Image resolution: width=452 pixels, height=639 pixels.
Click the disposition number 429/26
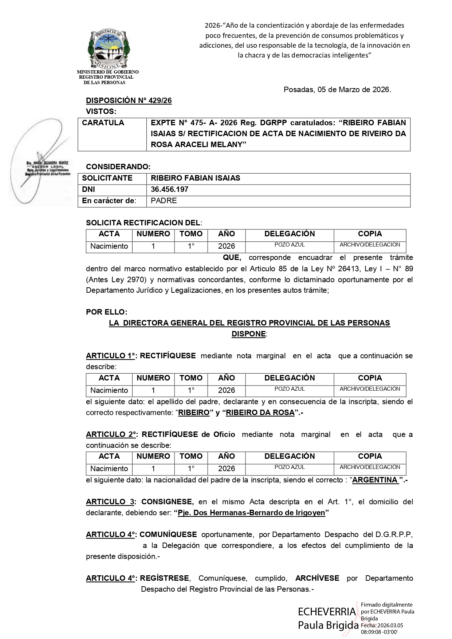point(129,100)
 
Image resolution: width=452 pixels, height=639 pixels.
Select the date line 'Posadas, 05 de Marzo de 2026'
point(337,90)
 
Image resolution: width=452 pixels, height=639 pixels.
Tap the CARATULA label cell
point(103,123)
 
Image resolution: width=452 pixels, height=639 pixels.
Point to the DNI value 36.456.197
point(169,189)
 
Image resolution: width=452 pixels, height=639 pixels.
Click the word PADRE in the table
point(164,201)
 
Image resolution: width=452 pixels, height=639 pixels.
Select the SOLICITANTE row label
point(107,178)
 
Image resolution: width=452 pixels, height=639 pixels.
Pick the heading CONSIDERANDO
point(118,167)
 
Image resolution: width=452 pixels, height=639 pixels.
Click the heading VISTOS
point(101,111)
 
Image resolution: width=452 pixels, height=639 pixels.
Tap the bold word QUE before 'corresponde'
point(232,257)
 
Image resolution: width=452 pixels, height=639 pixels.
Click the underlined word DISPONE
point(249,334)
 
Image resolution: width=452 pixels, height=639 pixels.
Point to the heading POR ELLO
point(106,312)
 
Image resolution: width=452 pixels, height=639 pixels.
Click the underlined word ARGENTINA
point(375,480)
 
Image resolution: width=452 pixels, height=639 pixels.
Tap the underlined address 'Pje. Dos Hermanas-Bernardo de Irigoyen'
point(251,513)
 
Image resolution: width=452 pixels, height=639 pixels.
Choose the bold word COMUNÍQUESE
point(168,535)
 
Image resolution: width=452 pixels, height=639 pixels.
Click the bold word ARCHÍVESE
point(317,578)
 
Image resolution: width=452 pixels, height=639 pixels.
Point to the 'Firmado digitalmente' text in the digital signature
point(386,604)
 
